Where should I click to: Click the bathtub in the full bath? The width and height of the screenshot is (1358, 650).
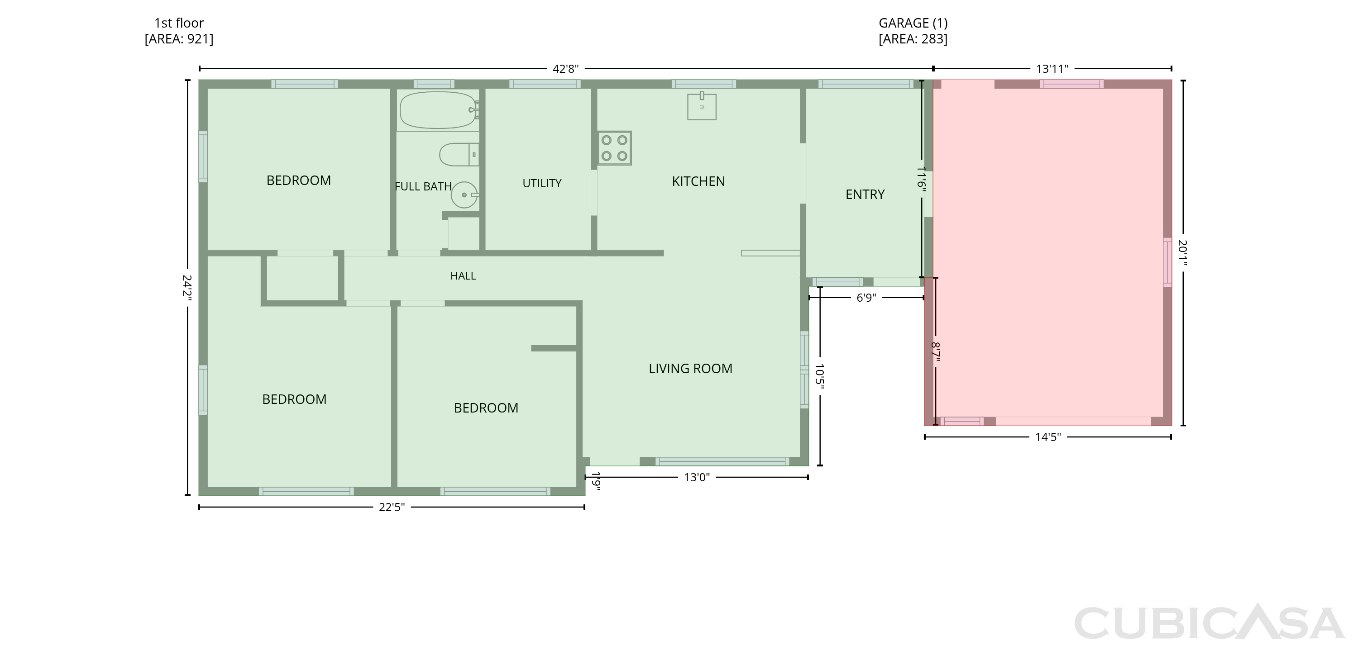(x=439, y=110)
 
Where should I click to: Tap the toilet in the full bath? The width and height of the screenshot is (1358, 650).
(x=459, y=155)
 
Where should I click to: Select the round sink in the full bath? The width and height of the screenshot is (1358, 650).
(x=464, y=195)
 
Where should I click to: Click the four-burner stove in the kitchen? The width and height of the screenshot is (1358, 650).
(x=615, y=148)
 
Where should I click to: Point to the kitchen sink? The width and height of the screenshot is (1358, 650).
(x=702, y=106)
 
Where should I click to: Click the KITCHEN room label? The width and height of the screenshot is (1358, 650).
(x=698, y=182)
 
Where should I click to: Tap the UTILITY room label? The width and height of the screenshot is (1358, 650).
(x=542, y=183)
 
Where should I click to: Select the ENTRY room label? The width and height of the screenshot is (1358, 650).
(x=865, y=195)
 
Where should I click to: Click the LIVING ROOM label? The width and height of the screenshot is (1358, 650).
(x=691, y=369)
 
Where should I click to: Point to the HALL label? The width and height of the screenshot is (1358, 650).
(x=463, y=276)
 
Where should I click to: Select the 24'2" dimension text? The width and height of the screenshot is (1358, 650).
(x=187, y=288)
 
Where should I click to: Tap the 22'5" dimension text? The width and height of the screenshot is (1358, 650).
(x=392, y=507)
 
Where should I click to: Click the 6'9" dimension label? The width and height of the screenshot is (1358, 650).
(x=866, y=298)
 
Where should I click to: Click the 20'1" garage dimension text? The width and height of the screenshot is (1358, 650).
(x=1182, y=253)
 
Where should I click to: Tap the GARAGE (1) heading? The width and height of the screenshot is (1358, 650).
(x=913, y=23)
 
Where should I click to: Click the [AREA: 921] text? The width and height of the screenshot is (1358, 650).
(x=179, y=39)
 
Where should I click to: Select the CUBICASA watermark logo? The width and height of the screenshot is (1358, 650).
(x=1210, y=622)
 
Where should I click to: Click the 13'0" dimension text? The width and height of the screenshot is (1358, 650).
(x=697, y=478)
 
